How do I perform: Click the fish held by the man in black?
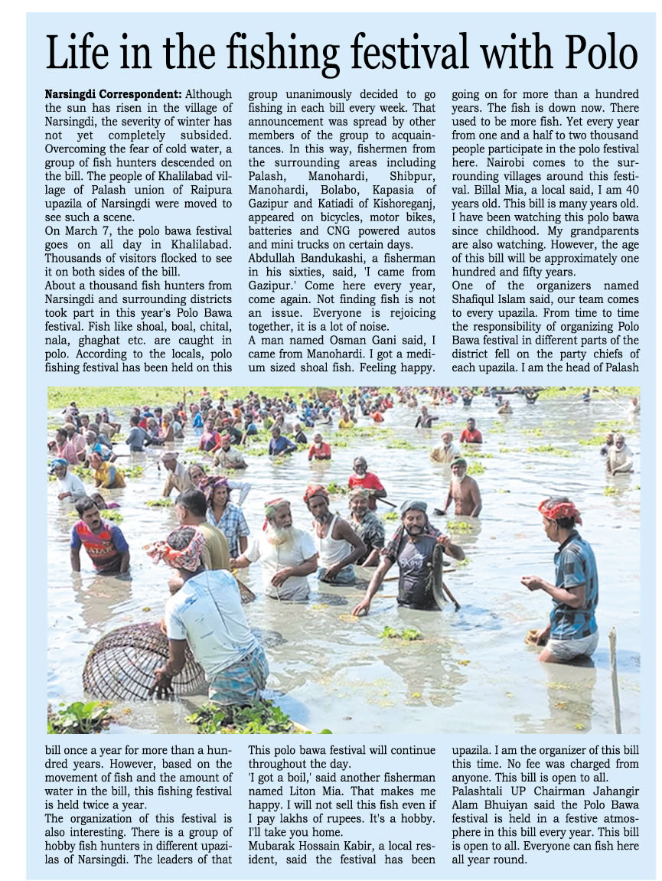(x=439, y=574)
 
